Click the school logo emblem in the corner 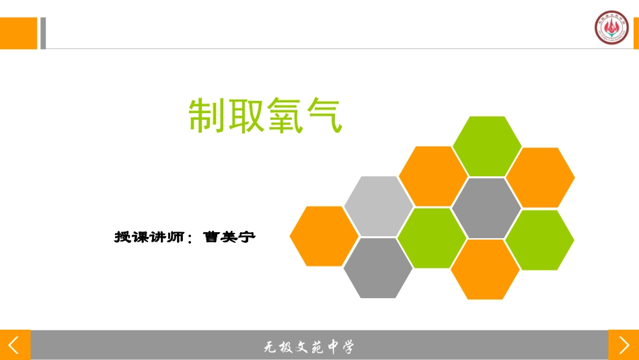point(611,28)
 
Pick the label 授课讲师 point(149,237)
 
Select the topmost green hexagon point(486,146)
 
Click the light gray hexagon point(379,206)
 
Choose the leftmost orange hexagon point(324,236)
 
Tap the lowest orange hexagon point(485,269)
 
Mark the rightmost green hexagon point(539,240)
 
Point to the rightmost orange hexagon point(540,177)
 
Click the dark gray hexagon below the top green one point(486,208)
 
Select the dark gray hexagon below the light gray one point(378,268)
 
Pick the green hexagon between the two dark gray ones point(432,238)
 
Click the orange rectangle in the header point(18,33)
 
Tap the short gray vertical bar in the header point(43,33)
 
